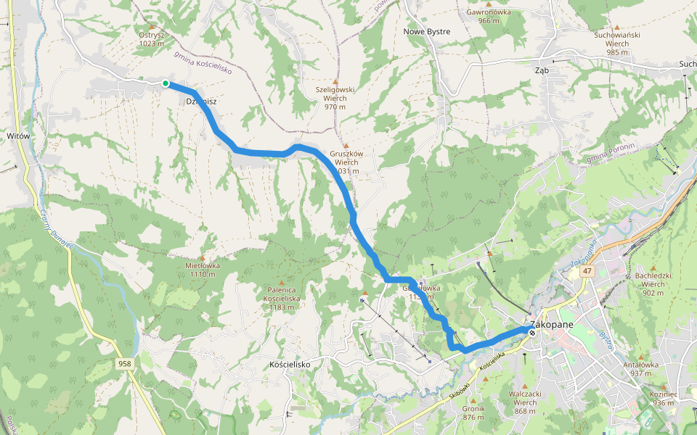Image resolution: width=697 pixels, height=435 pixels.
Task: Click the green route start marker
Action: coord(166,84)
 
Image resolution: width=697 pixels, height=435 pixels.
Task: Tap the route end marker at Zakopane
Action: coord(532,333)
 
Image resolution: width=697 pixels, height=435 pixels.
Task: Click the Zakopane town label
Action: coord(553,324)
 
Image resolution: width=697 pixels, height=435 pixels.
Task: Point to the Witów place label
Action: coord(17,136)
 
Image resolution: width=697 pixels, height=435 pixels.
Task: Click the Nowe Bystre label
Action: coord(426,32)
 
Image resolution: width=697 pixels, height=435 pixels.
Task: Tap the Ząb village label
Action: coord(541,70)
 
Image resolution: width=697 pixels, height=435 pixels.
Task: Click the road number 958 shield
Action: coord(125,362)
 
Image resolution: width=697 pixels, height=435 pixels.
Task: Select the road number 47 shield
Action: coord(586,271)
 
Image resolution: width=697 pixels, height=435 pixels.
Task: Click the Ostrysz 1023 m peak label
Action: coord(151,38)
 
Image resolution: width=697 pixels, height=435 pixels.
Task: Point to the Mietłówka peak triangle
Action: coord(202,258)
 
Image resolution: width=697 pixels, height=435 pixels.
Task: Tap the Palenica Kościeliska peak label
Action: coord(281,298)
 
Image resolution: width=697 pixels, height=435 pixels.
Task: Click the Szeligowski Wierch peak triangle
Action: coord(335,81)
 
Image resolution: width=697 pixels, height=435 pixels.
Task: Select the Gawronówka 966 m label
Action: coord(489,16)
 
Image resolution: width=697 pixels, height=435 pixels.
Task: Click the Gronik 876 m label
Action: coord(473,413)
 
